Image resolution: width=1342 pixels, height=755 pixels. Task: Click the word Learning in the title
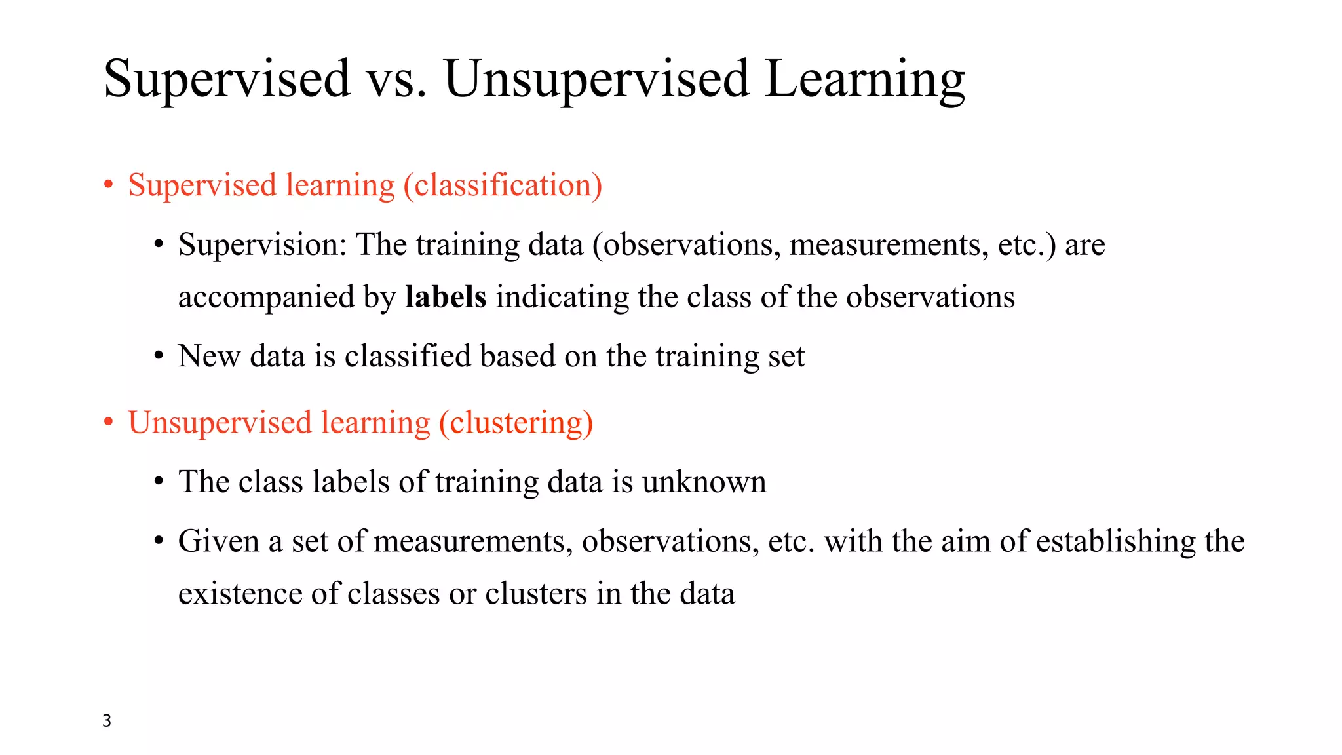click(864, 79)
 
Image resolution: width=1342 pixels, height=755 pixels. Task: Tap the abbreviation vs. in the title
click(396, 79)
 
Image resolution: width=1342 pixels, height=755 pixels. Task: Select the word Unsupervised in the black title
click(596, 79)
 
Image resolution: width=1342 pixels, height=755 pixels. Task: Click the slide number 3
click(107, 720)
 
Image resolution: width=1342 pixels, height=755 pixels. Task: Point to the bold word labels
click(446, 297)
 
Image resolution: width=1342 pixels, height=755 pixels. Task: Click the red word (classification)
click(503, 185)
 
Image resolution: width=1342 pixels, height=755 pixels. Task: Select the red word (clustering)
click(516, 422)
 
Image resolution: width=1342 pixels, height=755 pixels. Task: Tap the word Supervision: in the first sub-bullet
click(262, 245)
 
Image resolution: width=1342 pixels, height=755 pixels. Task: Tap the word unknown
click(704, 482)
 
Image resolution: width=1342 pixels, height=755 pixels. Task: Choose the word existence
click(240, 594)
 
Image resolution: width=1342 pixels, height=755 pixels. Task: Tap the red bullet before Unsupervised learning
click(109, 422)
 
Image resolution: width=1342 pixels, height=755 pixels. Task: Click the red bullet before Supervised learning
click(109, 185)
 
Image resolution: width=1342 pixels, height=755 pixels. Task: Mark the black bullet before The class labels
click(159, 482)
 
